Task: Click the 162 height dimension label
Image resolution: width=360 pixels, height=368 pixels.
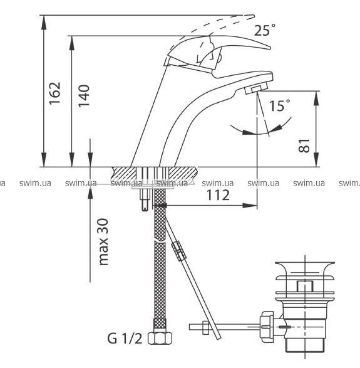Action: [54, 93]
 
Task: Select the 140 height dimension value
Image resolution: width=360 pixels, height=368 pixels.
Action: [84, 96]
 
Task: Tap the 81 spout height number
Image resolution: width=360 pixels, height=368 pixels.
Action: [304, 145]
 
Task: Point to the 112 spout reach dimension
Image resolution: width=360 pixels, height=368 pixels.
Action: [218, 195]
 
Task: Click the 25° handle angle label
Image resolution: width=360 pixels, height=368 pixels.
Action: [265, 30]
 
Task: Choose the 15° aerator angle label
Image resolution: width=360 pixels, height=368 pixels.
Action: [280, 105]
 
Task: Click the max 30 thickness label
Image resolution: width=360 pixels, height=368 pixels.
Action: [103, 242]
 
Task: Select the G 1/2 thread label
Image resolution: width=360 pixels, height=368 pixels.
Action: [125, 339]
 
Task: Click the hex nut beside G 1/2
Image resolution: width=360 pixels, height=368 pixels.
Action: [160, 338]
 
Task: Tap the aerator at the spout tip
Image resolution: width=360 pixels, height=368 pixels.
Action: [257, 89]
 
